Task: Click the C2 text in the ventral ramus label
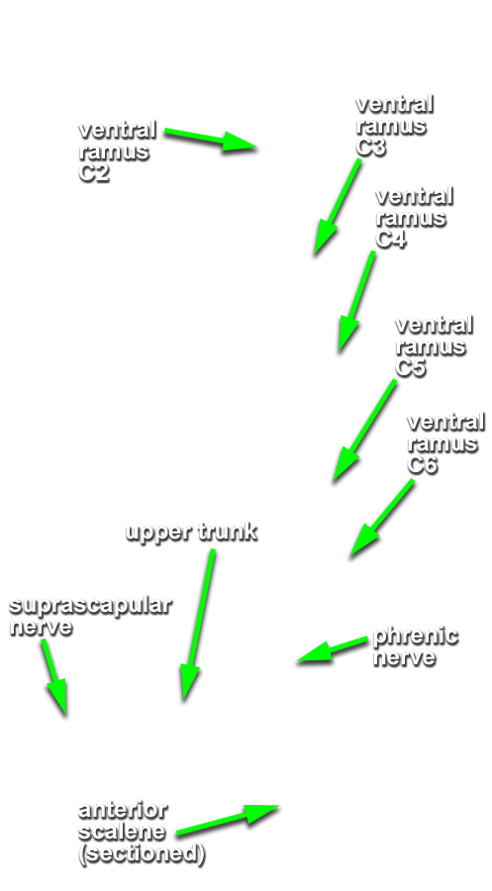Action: pos(94,172)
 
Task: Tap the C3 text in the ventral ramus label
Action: pos(370,147)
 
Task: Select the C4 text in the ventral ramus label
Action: pos(390,239)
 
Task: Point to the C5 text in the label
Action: pos(410,367)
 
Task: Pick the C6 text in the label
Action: pos(422,464)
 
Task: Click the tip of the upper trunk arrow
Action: pos(184,700)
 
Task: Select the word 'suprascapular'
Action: pos(90,606)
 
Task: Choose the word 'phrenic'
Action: pos(416,637)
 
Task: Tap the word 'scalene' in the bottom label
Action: pos(122,832)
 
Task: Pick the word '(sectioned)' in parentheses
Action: pos(142,854)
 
